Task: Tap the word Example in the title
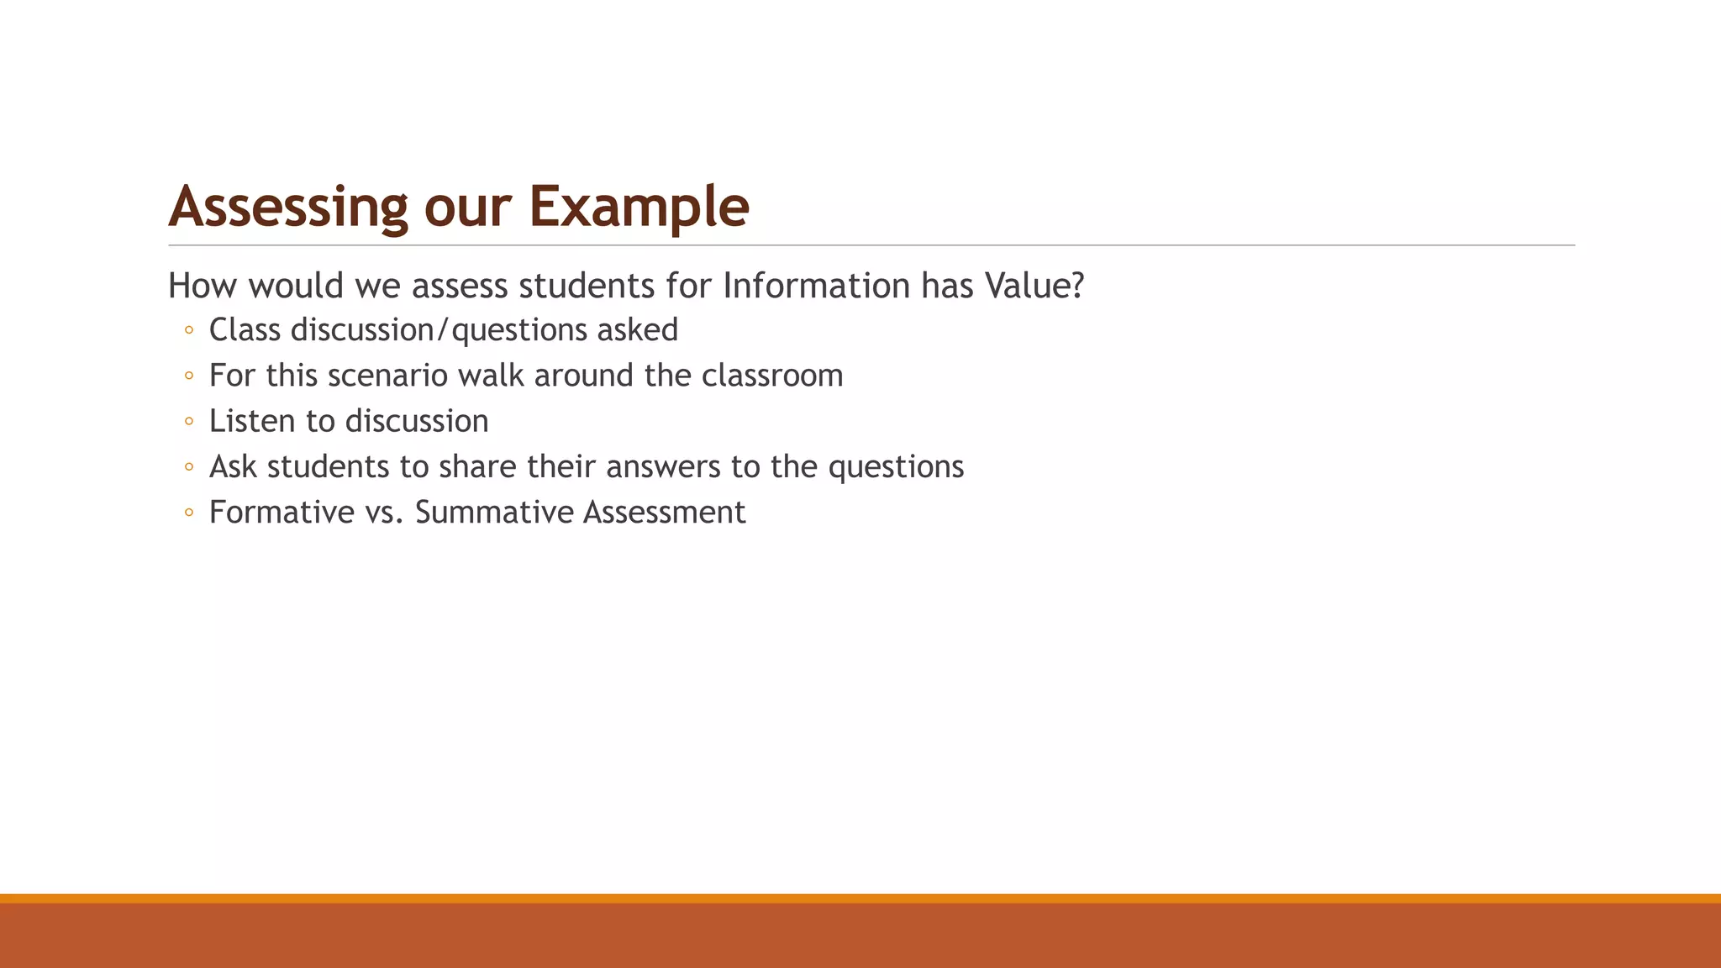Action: tap(639, 207)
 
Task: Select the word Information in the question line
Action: tap(816, 286)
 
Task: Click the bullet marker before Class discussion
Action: tap(188, 330)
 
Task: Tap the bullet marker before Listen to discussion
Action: tap(188, 421)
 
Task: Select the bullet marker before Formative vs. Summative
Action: tap(188, 513)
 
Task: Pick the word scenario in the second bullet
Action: tap(387, 376)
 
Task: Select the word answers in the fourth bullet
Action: tap(663, 466)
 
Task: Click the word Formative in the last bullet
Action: tap(282, 513)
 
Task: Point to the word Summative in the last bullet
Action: tap(493, 513)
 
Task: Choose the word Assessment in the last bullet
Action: tap(664, 513)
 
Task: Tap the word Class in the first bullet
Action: tap(245, 330)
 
